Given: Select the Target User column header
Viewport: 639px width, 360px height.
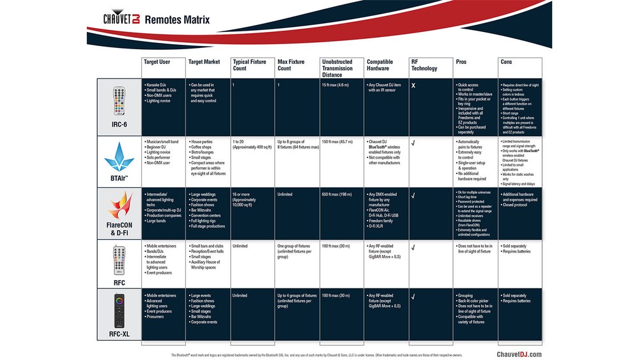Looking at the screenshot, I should (157, 62).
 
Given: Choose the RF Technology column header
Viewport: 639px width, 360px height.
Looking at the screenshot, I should (424, 65).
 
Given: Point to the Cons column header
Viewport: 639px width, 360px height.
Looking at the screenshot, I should (506, 62).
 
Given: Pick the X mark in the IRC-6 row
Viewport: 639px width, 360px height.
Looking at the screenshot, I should (413, 85).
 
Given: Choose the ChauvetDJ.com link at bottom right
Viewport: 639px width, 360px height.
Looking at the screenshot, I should (518, 354).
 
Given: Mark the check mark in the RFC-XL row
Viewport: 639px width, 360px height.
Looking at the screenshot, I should (413, 296).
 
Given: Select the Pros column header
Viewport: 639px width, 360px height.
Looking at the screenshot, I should (461, 62).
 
